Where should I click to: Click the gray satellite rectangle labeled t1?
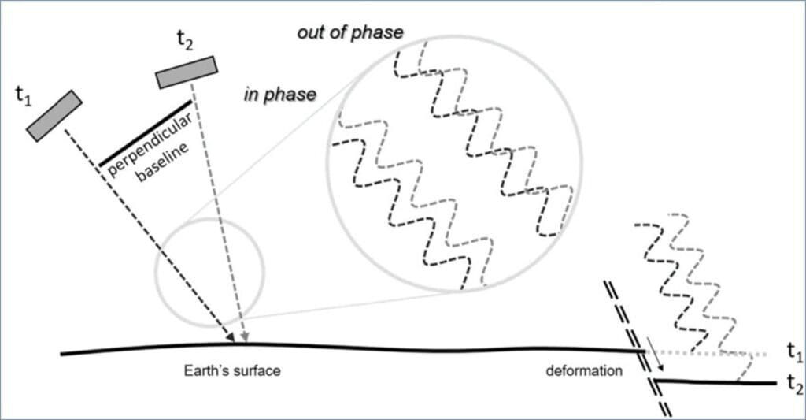(54, 116)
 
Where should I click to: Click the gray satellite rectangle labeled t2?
(185, 71)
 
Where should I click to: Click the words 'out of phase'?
(350, 32)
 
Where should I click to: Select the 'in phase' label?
(280, 95)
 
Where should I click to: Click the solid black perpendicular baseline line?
(145, 133)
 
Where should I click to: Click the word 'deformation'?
(583, 370)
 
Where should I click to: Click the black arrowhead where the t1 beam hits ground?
(231, 338)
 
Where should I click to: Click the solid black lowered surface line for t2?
(716, 382)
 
